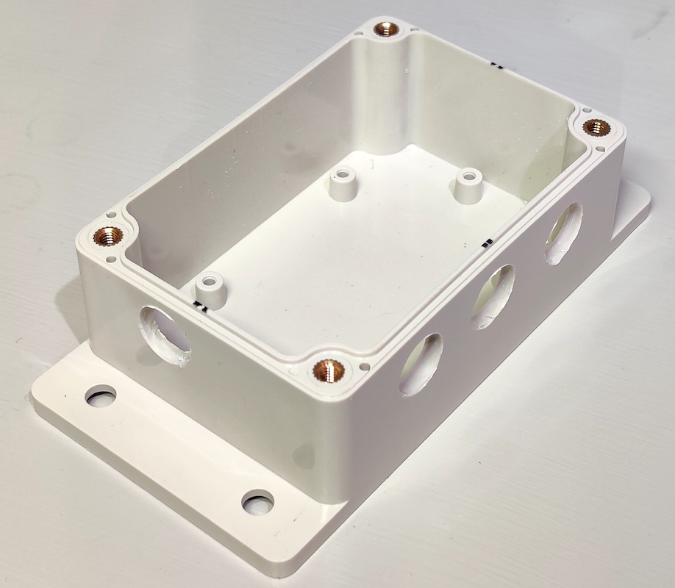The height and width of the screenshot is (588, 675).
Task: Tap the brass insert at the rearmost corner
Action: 387,30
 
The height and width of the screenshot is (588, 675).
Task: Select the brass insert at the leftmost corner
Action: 108,236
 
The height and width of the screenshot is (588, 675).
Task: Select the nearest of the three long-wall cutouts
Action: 421,364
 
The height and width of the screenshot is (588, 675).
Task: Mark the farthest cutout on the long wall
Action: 563,233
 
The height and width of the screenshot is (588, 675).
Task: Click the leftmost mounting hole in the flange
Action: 101,396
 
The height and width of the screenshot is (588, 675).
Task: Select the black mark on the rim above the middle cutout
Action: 487,242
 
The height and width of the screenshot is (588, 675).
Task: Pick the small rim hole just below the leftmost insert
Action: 110,259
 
